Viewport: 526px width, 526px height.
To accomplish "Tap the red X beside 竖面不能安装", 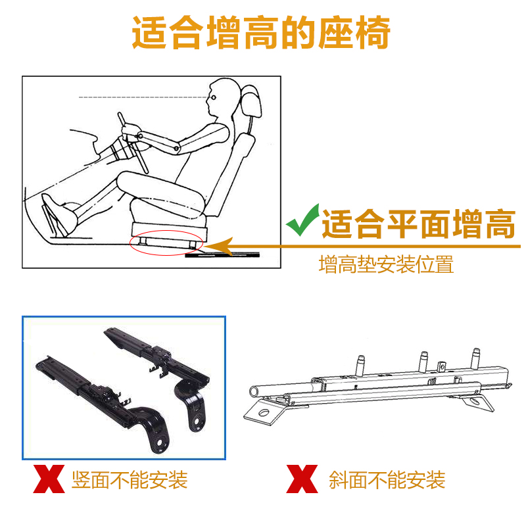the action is click(49, 479).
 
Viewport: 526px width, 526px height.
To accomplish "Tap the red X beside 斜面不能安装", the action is click(302, 479).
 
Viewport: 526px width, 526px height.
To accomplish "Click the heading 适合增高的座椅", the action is click(261, 32).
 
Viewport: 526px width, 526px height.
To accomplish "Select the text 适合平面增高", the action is click(418, 224).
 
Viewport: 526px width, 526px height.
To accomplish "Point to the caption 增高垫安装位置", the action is click(386, 264).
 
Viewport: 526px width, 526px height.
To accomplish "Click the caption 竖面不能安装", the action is click(130, 480).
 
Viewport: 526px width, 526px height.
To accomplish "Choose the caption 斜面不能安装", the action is click(387, 480).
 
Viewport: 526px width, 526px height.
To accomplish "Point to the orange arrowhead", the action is click(220, 247).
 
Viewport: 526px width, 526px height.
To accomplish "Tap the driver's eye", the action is click(213, 97).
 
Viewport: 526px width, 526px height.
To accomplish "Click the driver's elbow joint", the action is click(176, 148).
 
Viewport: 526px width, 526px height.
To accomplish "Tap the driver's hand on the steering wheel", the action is click(129, 131).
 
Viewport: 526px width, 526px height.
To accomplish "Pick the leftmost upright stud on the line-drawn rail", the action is click(360, 366).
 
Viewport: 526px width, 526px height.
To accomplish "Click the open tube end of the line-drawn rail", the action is click(254, 391).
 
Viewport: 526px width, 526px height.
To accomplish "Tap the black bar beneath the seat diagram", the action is click(222, 255).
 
